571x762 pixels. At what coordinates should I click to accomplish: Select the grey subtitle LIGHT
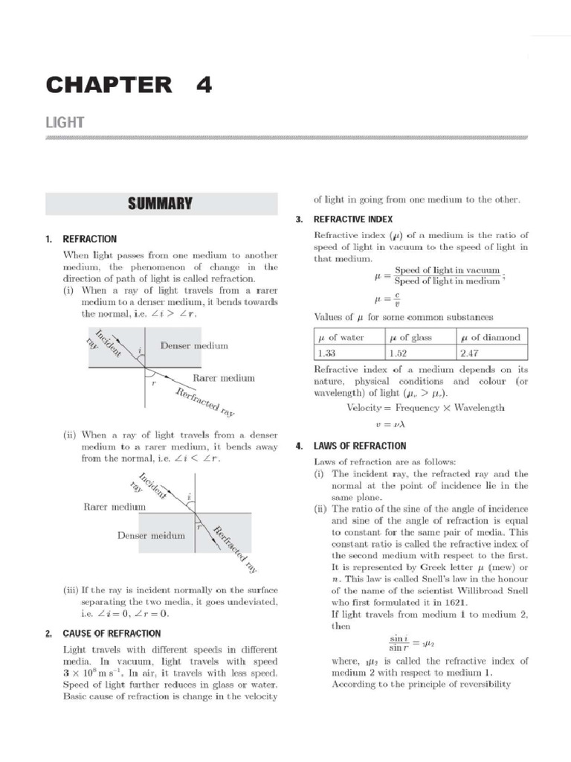65,122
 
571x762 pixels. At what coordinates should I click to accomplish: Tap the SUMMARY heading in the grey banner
160,203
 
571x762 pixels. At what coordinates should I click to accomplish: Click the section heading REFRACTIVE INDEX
353,220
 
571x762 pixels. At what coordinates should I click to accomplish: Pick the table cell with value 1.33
327,353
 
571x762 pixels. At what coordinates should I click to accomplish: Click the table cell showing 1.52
399,353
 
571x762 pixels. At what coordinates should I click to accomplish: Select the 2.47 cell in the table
471,353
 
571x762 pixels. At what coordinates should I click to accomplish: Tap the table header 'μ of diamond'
491,337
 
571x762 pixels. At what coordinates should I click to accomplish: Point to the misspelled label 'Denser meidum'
150,535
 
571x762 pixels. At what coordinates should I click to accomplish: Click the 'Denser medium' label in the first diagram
194,346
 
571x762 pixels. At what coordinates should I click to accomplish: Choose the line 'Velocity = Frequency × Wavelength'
425,408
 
